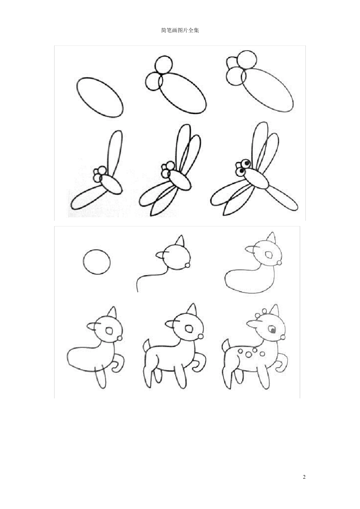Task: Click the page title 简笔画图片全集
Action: click(180, 30)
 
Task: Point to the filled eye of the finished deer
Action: click(273, 330)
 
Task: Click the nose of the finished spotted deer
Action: click(283, 337)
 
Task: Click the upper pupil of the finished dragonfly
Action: click(247, 163)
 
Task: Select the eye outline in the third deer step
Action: click(269, 255)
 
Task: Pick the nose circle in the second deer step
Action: click(188, 265)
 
